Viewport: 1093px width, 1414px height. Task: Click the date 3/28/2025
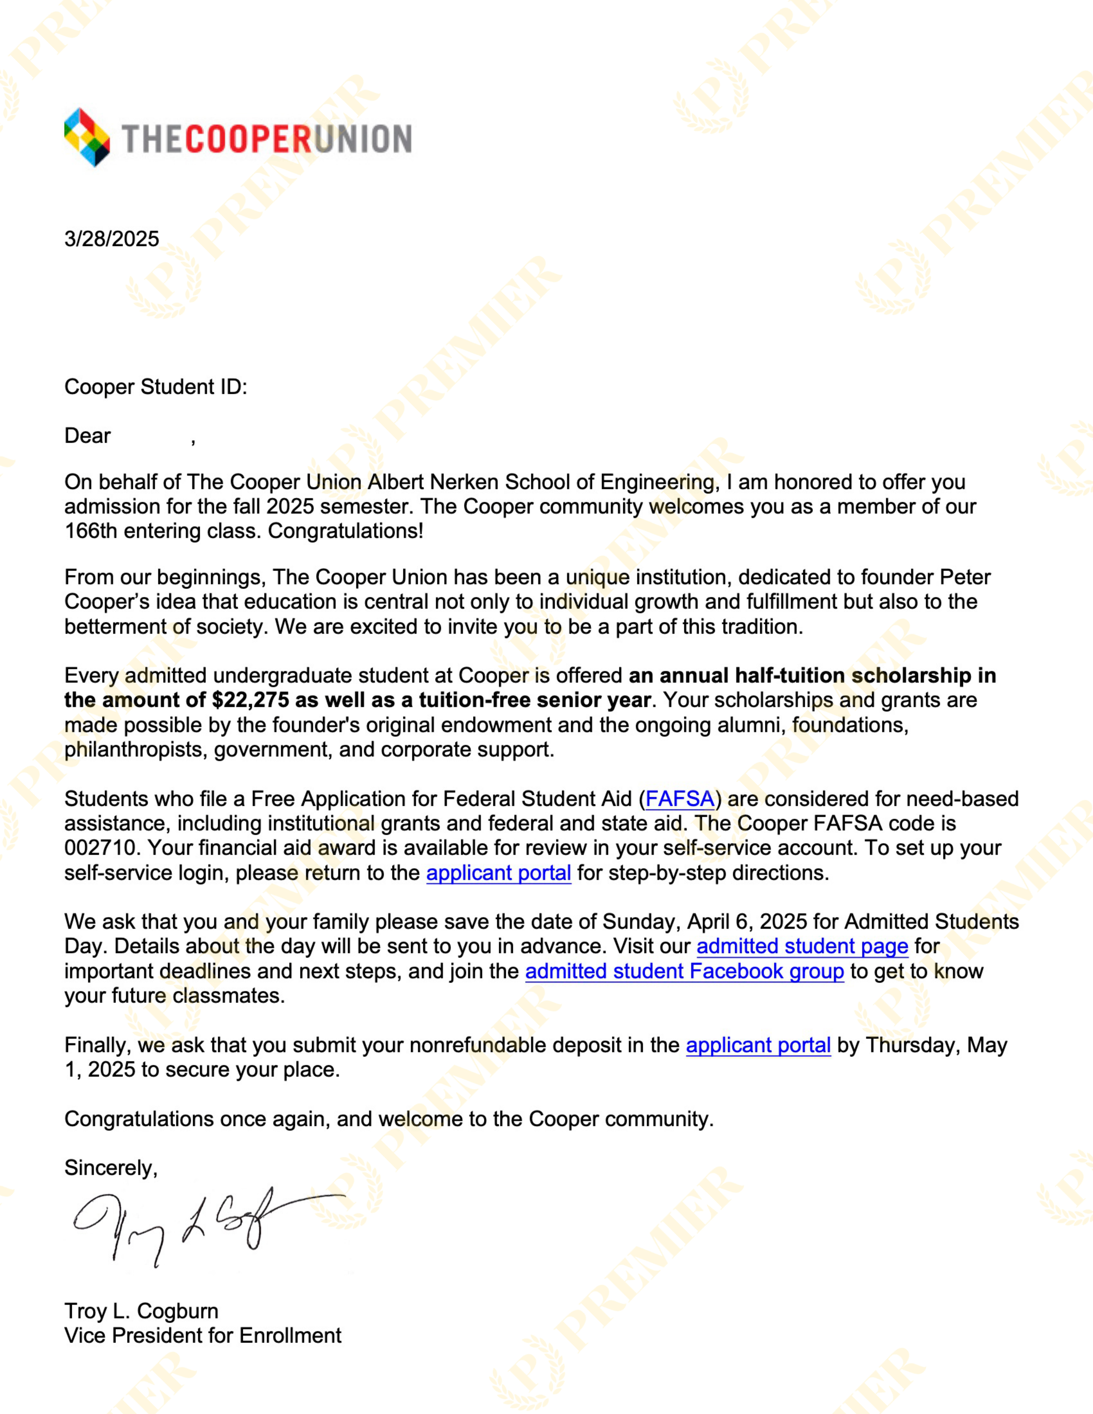[111, 239]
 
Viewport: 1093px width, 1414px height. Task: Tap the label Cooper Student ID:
[156, 387]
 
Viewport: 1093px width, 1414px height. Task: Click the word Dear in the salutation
[87, 436]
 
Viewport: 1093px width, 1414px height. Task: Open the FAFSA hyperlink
[679, 799]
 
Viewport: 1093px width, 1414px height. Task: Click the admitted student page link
[802, 946]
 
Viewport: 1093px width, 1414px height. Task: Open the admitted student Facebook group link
[684, 971]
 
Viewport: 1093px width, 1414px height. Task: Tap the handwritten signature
[194, 1224]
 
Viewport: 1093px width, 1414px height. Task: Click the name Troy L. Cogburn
[141, 1311]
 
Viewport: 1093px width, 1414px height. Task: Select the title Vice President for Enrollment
[203, 1336]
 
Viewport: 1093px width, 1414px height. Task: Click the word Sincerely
[110, 1168]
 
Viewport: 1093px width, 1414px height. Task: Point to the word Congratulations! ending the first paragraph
[346, 531]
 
